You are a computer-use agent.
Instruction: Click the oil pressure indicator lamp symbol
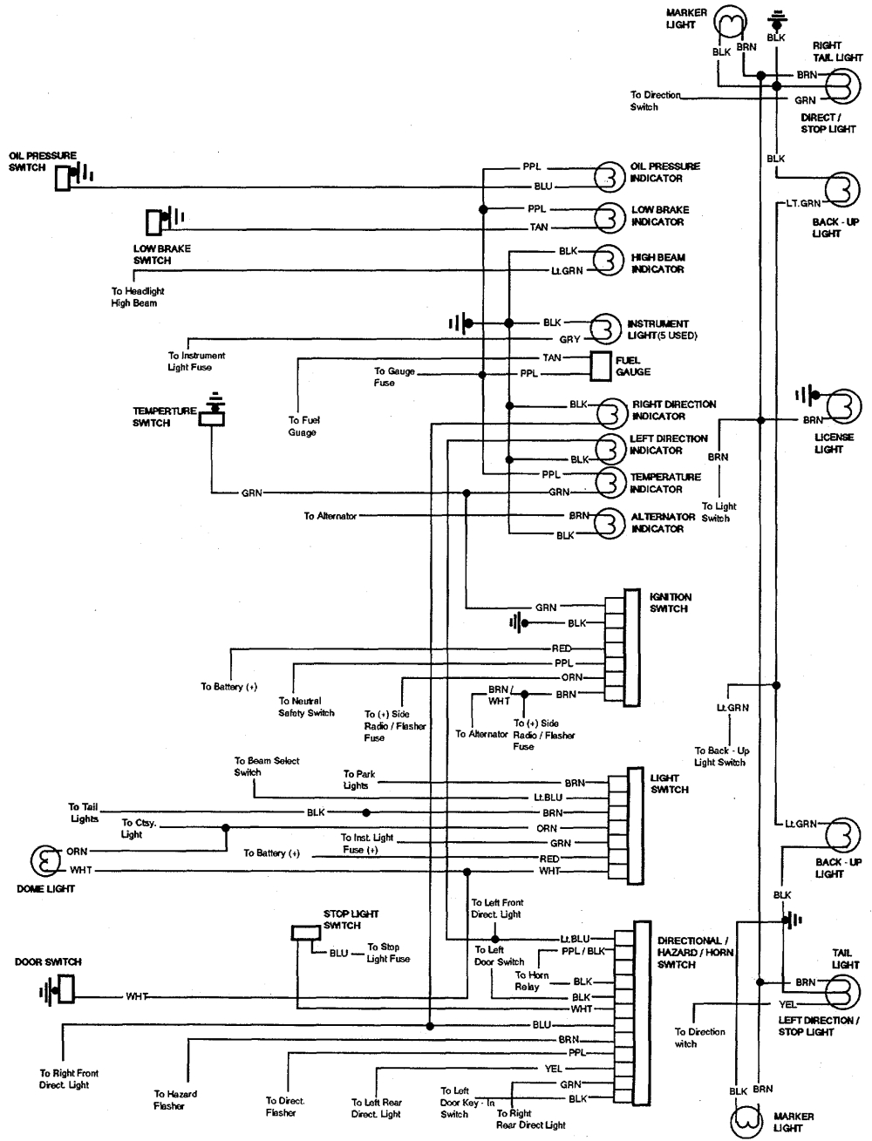(607, 177)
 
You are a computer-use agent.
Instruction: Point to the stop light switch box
(305, 934)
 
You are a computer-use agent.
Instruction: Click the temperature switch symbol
(212, 417)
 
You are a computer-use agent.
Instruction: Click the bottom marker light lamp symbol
(746, 1123)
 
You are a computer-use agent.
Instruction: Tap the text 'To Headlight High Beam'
(137, 297)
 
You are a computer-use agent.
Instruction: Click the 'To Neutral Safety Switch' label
(306, 707)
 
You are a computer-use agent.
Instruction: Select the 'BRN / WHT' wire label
(499, 695)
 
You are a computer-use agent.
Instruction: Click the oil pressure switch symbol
(64, 178)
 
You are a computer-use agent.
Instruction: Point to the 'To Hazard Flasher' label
(175, 1100)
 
